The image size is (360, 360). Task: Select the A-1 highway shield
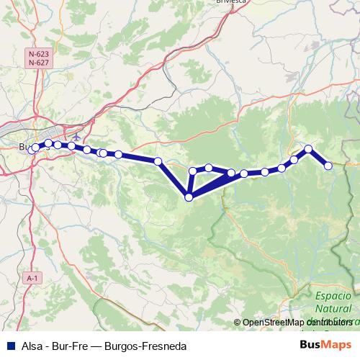coord(31,277)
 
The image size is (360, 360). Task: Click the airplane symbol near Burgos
coord(76,137)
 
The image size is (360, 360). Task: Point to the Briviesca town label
coord(232,2)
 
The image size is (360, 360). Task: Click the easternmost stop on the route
coord(328,166)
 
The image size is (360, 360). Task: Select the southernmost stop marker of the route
coord(189,197)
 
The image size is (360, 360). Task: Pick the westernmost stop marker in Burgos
coord(31,150)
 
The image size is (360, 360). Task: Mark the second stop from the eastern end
coord(309,149)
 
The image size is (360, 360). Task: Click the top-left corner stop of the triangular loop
coord(193,171)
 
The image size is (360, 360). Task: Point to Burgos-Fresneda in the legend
coord(145,346)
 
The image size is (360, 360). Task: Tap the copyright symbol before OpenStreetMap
coord(238,323)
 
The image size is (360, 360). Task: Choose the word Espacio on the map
coord(333,296)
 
